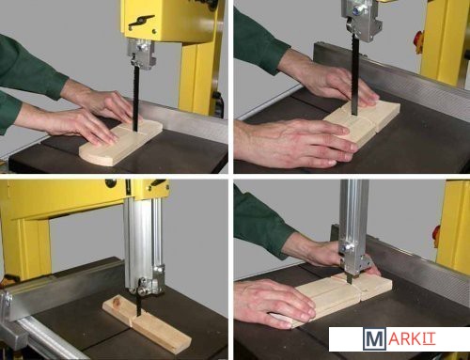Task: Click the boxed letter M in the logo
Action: tap(373, 338)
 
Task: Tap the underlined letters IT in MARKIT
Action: tap(429, 338)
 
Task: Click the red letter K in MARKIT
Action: tap(415, 338)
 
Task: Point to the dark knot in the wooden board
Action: tap(117, 302)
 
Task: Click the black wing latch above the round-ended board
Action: tap(141, 20)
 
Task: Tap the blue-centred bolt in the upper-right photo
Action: tap(355, 11)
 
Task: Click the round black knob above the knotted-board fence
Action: tap(110, 182)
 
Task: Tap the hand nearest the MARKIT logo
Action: tap(274, 304)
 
